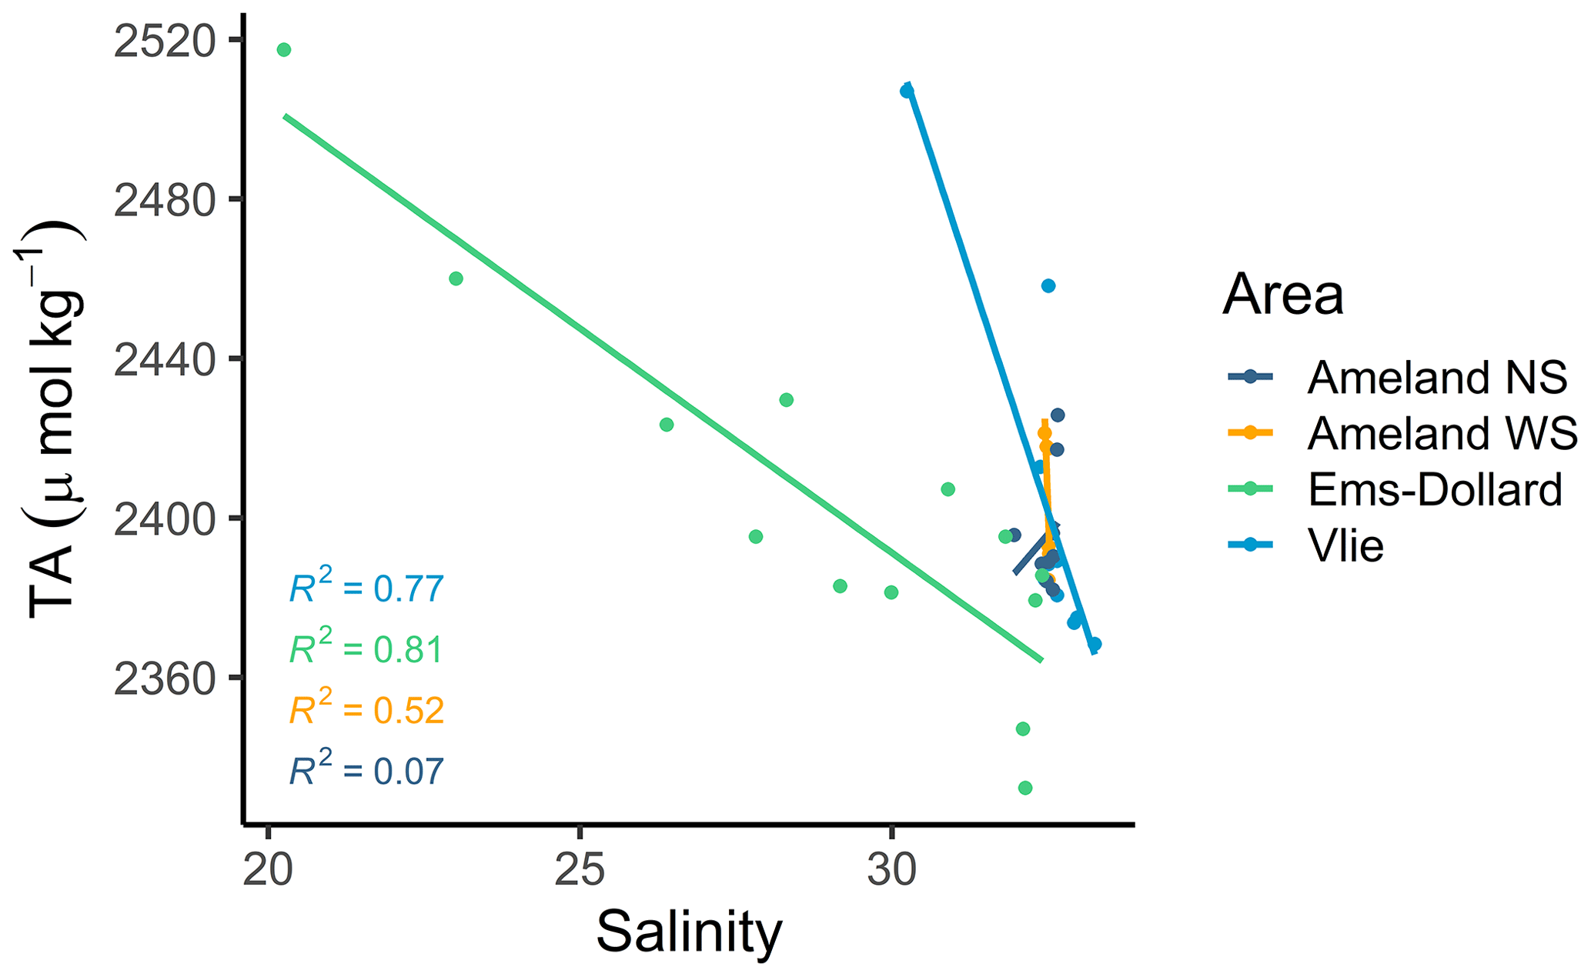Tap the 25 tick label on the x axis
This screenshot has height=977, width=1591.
pos(580,870)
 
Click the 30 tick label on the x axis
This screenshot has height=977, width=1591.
pos(891,870)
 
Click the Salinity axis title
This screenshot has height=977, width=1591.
pos(688,932)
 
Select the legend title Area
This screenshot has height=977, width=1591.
pos(1282,295)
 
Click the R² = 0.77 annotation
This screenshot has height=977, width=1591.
pos(366,589)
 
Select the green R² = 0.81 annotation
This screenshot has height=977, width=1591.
pos(366,649)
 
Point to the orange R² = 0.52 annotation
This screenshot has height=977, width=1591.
pos(366,710)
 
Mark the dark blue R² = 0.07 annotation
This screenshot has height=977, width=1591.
pos(366,771)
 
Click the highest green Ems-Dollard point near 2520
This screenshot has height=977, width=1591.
pos(284,50)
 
